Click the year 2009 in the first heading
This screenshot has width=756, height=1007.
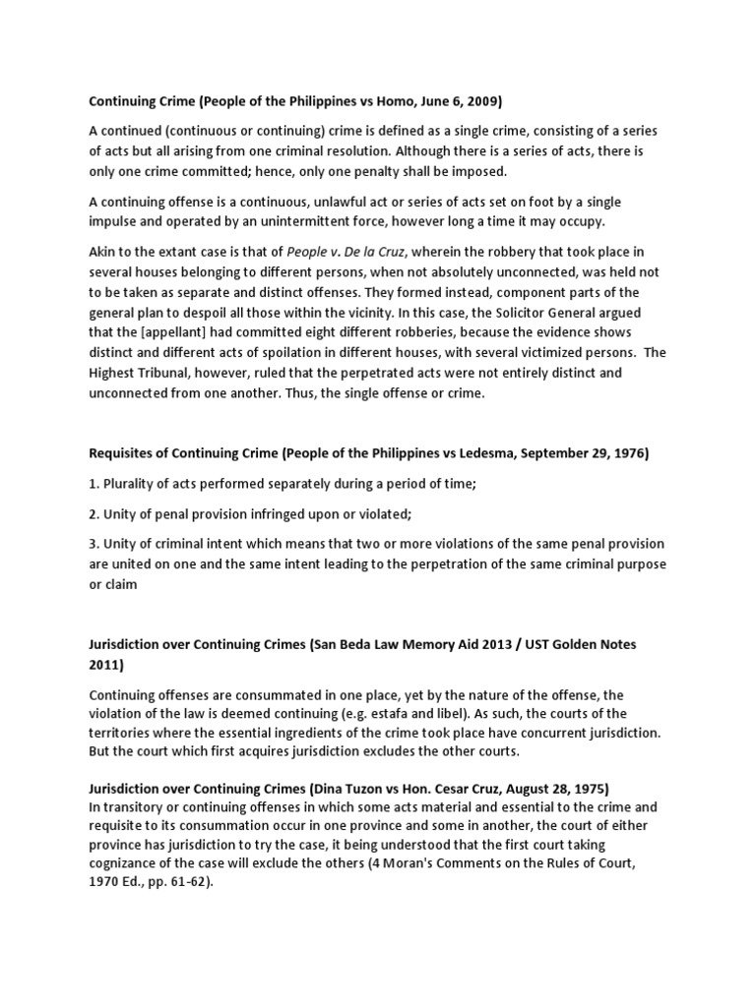[x=484, y=101]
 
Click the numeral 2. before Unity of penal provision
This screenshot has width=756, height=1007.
[x=95, y=514]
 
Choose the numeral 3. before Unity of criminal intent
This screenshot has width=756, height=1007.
[x=95, y=544]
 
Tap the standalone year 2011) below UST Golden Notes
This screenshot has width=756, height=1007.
[x=106, y=666]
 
